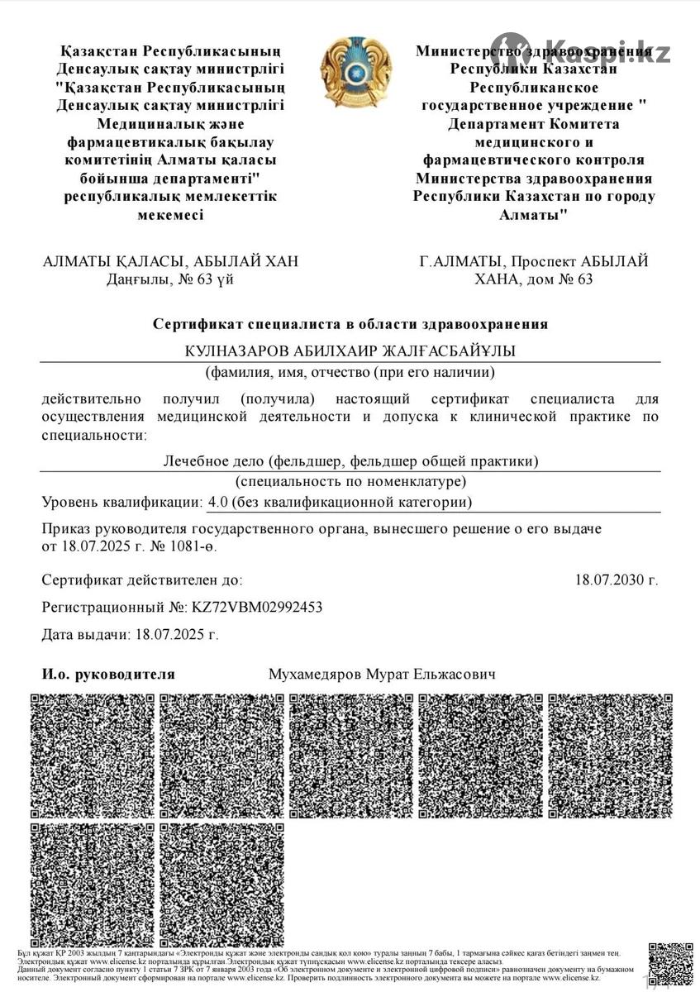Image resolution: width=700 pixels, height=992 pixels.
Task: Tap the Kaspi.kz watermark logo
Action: (x=581, y=52)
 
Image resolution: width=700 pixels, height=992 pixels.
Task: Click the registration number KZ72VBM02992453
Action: (x=257, y=608)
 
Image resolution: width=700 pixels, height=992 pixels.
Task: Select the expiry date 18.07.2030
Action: (x=617, y=580)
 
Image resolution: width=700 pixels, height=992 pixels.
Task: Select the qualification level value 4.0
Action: (x=218, y=502)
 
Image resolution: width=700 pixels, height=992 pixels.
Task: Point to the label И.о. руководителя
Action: (x=108, y=675)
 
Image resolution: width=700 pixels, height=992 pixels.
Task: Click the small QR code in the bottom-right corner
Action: (x=670, y=963)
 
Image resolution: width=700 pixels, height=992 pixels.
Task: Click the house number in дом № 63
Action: (x=584, y=279)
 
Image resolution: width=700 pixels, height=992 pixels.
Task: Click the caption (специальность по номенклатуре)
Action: (x=350, y=481)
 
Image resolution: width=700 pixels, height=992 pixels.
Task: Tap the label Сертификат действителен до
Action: (x=142, y=580)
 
